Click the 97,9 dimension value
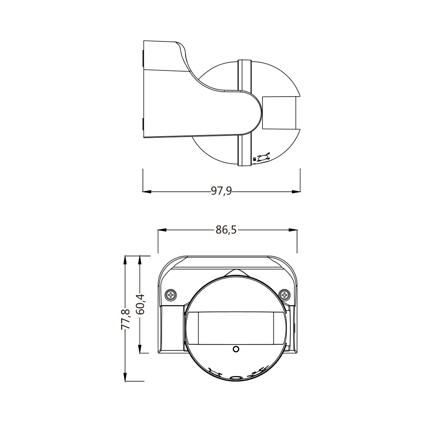coord(221,191)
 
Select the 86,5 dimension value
coord(226,230)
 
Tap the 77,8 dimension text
coord(125,319)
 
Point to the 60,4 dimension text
coord(140,304)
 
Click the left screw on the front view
coord(171,295)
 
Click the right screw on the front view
coord(284,295)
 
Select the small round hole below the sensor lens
coord(236,349)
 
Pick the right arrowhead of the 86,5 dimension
coord(293,230)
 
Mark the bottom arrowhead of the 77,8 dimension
coord(125,377)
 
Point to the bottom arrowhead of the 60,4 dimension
coord(140,349)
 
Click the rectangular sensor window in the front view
coord(236,328)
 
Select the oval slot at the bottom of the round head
coord(236,378)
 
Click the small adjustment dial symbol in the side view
coord(262,157)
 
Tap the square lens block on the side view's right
coord(279,113)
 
